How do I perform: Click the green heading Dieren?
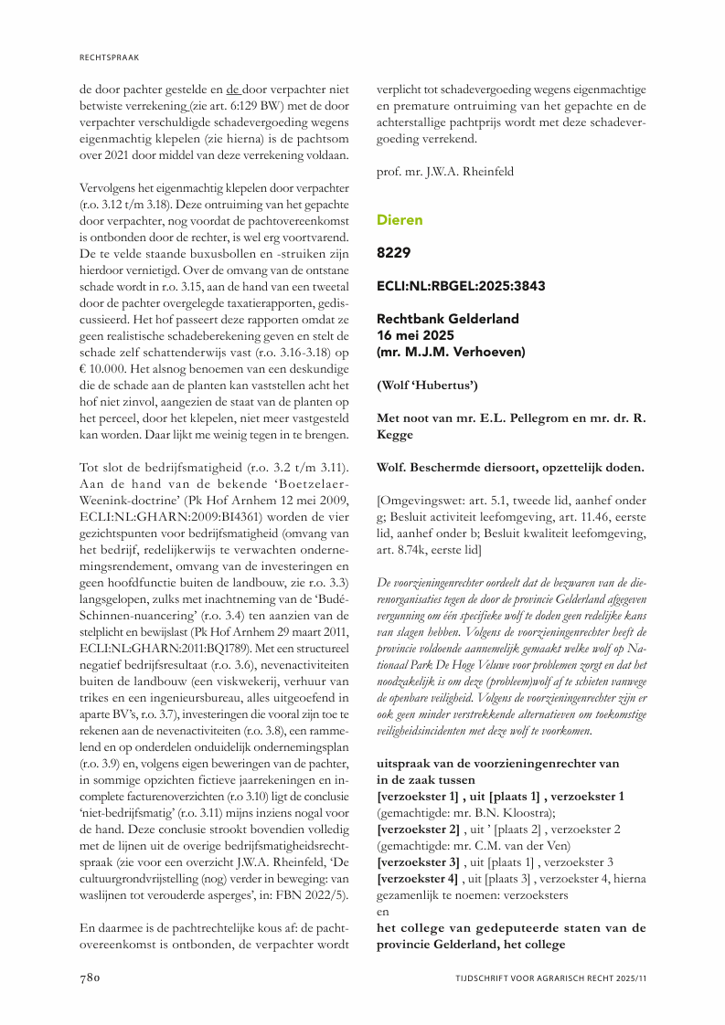coord(400,220)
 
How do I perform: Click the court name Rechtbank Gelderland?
coord(448,319)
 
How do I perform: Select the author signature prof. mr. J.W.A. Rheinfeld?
coord(446,172)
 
